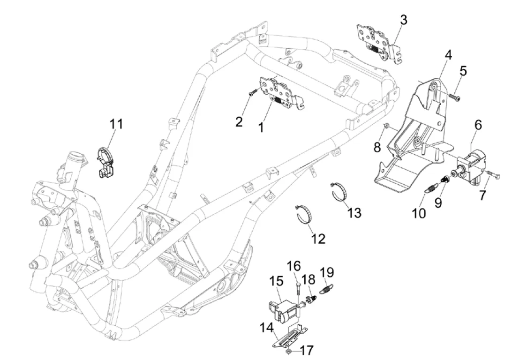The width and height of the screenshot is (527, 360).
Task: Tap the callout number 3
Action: (403, 20)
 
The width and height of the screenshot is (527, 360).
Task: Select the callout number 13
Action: (354, 212)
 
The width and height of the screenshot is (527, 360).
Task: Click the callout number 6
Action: (478, 125)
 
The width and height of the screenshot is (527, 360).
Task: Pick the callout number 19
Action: (327, 272)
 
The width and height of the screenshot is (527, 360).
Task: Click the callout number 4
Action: (448, 55)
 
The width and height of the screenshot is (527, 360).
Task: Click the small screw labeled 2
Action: (251, 94)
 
